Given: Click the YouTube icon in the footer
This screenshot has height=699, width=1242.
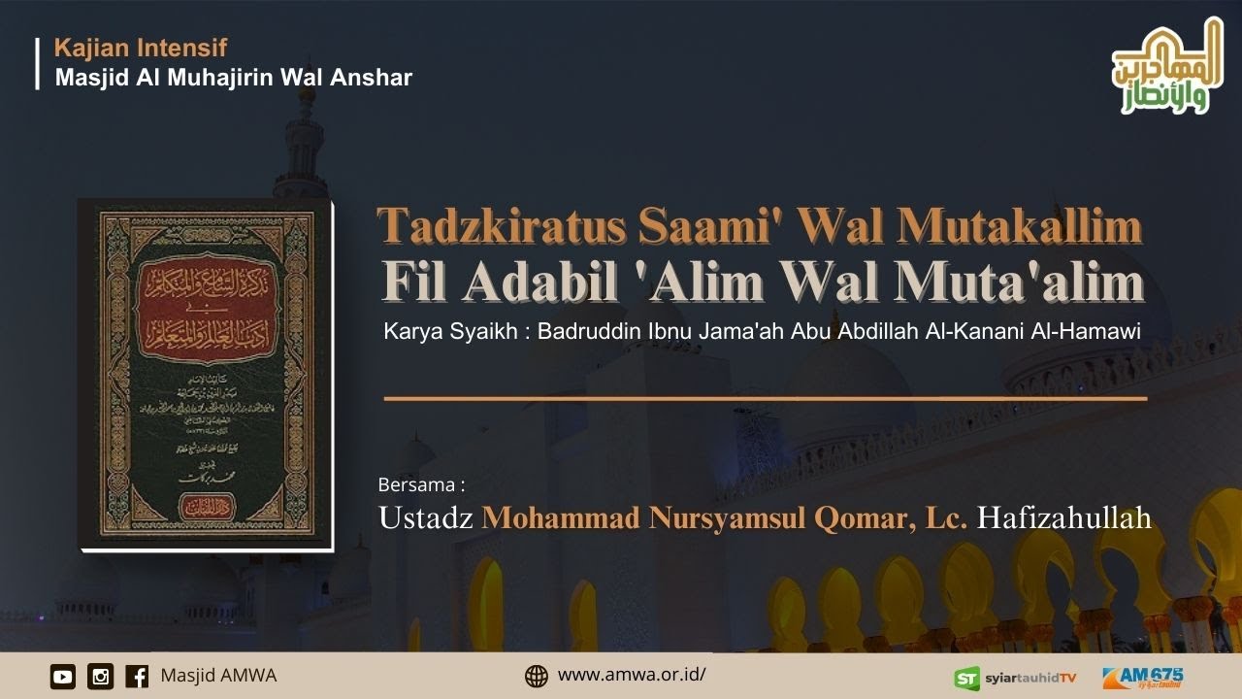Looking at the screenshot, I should (x=63, y=676).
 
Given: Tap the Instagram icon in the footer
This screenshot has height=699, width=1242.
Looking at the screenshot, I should (x=100, y=676).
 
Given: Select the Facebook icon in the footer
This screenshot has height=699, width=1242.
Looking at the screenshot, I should (x=137, y=676).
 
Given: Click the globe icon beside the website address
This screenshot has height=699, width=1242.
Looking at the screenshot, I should (x=537, y=676).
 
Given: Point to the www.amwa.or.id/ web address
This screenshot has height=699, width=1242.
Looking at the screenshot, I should (x=632, y=675).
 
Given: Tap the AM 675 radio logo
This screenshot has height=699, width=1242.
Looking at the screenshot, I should (x=1143, y=677).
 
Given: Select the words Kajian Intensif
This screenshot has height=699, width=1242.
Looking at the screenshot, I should (x=141, y=47).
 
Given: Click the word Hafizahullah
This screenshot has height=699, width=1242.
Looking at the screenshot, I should (x=1064, y=517).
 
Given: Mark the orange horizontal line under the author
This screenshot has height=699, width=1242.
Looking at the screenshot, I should (x=766, y=398).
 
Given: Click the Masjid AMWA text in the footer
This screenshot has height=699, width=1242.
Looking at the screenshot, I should (x=218, y=675).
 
